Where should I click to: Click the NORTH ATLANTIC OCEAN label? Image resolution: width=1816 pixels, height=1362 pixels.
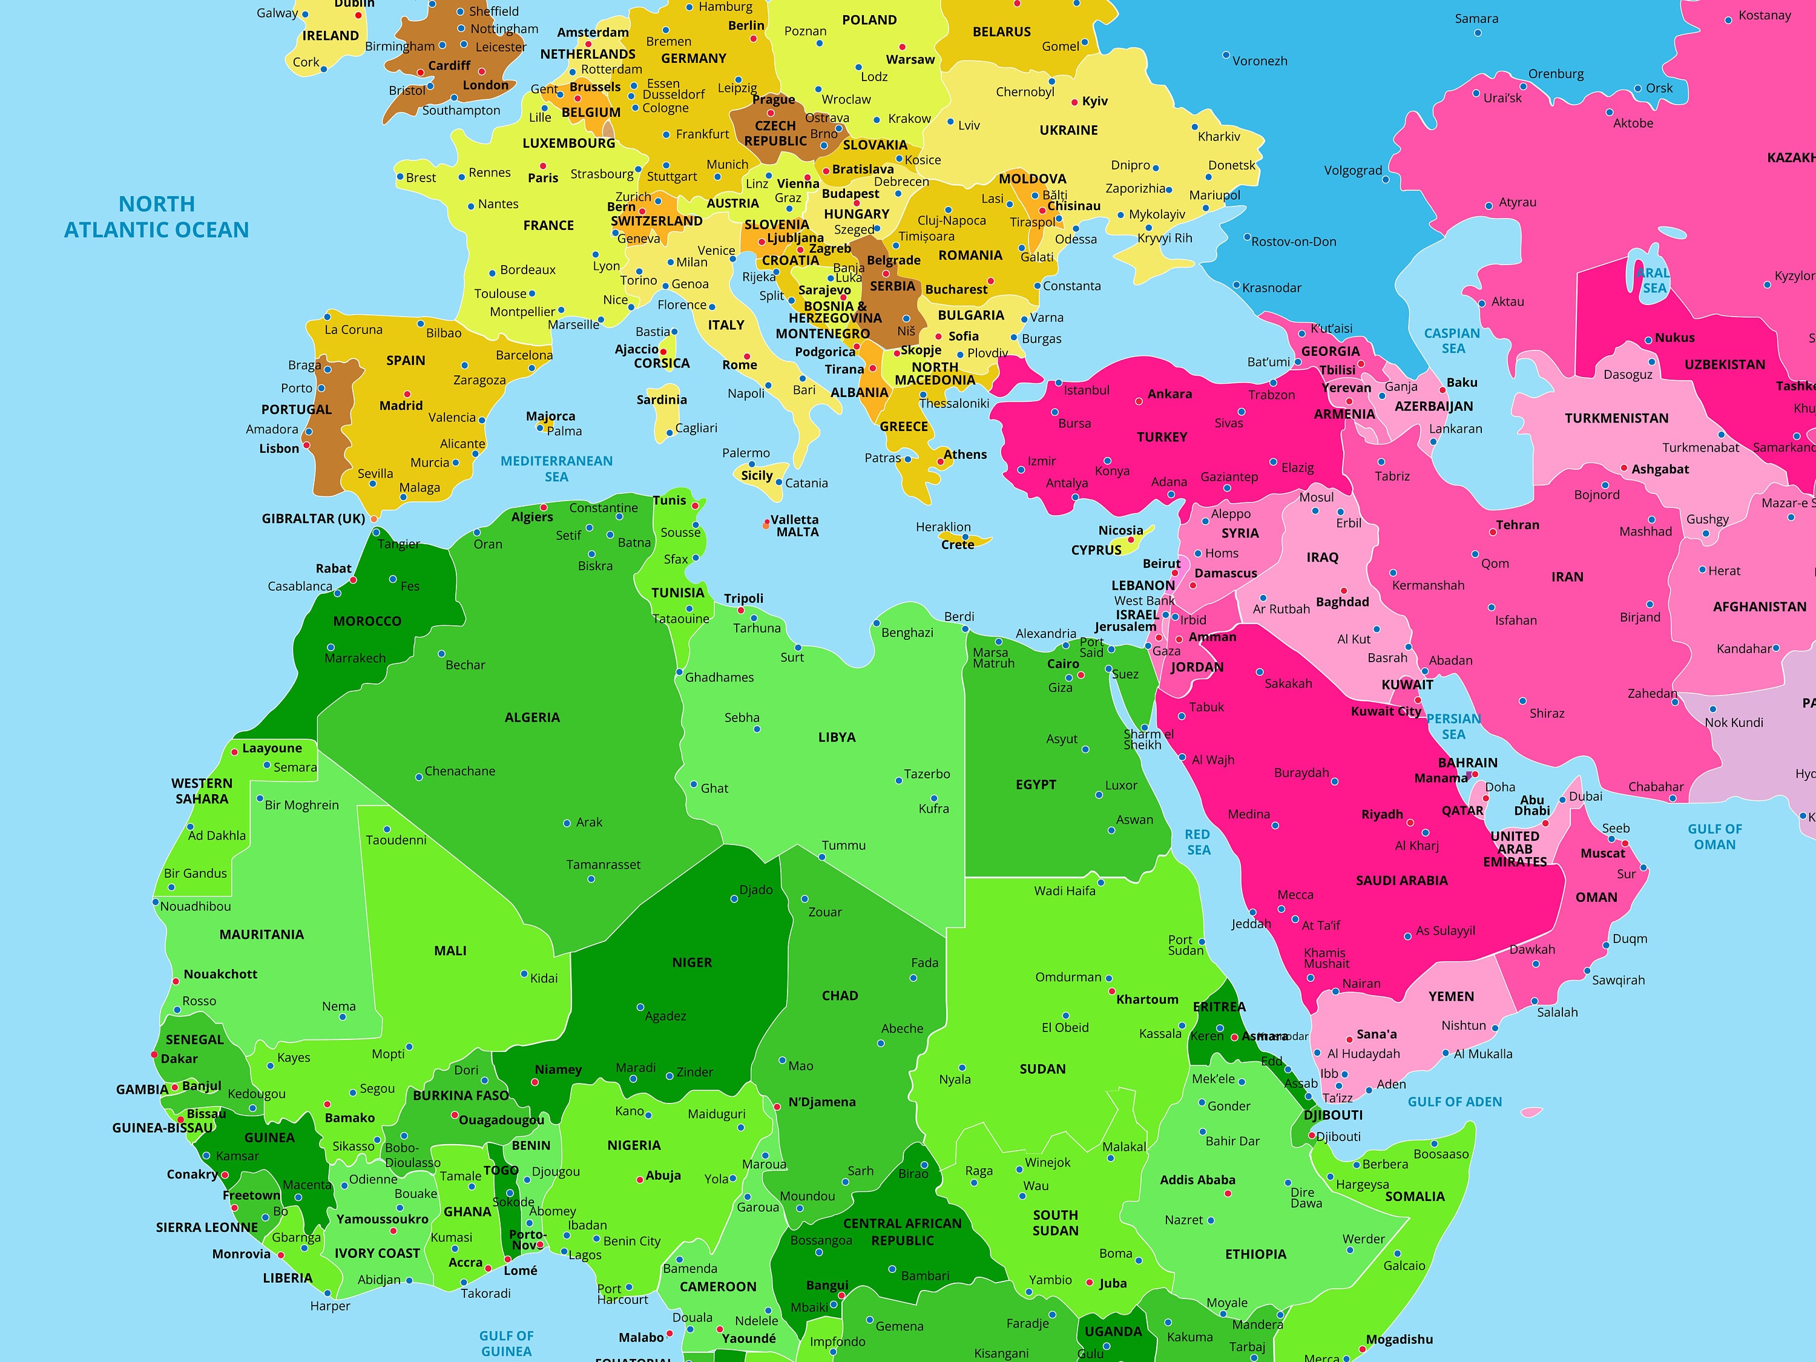pyautogui.click(x=156, y=217)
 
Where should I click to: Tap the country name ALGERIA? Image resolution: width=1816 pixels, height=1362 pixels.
pyautogui.click(x=532, y=717)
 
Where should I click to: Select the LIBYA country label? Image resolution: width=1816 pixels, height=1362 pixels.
pyautogui.click(x=837, y=737)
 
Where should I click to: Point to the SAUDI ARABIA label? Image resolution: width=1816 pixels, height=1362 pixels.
pyautogui.click(x=1401, y=880)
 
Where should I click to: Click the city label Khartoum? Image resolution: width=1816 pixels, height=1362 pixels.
pyautogui.click(x=1147, y=999)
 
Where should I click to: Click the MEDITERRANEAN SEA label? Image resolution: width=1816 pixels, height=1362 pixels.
pyautogui.click(x=557, y=469)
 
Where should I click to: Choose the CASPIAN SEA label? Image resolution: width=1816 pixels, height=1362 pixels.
pyautogui.click(x=1452, y=341)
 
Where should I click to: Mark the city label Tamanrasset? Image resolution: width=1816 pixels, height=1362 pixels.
pyautogui.click(x=604, y=864)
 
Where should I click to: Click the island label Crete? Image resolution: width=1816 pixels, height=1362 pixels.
pyautogui.click(x=957, y=544)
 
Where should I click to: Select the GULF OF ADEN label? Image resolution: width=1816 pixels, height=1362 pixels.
pyautogui.click(x=1455, y=1102)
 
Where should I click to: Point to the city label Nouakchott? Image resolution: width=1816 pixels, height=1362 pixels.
pyautogui.click(x=220, y=973)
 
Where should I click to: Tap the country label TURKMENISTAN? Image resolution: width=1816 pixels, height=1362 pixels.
pyautogui.click(x=1616, y=418)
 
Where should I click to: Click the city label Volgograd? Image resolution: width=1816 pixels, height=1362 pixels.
pyautogui.click(x=1353, y=171)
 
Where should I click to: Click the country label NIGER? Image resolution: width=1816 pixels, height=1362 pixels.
pyautogui.click(x=692, y=962)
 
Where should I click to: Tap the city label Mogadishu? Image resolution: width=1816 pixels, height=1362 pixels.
pyautogui.click(x=1399, y=1339)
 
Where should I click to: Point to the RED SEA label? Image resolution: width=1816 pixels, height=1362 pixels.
pyautogui.click(x=1198, y=841)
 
